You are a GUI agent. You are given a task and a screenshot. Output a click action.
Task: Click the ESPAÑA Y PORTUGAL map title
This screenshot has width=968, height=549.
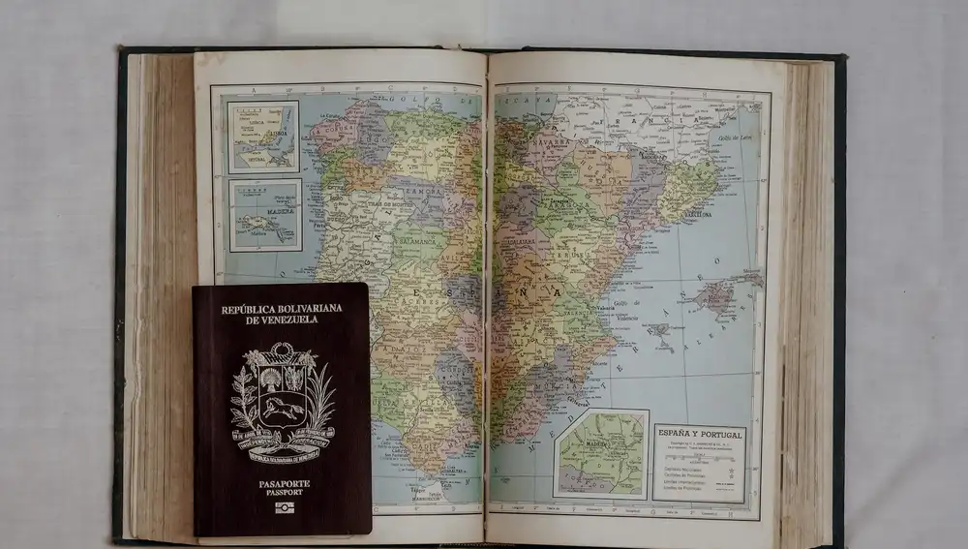click(x=699, y=436)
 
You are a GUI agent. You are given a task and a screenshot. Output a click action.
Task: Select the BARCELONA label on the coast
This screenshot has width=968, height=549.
click(x=697, y=214)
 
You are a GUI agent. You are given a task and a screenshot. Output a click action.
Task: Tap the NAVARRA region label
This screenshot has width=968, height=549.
click(x=554, y=140)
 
